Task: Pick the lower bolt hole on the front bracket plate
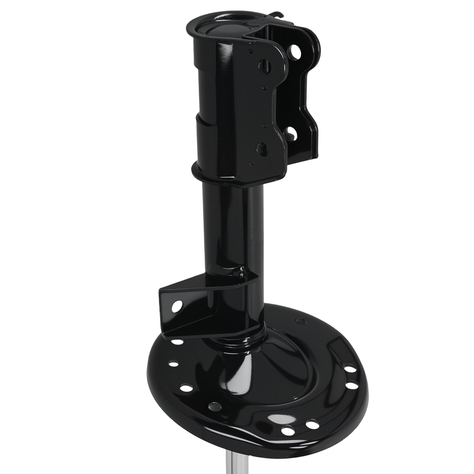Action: pos(262,148)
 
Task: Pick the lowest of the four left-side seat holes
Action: pos(214,406)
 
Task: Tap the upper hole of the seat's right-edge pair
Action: pos(349,368)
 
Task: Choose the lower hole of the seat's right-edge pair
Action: pos(353,385)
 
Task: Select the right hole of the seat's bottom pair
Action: pos(312,425)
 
